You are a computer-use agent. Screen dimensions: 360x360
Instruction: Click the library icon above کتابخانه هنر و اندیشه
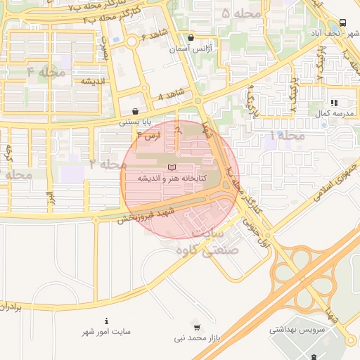click(173, 167)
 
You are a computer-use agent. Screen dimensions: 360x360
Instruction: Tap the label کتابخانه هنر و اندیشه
click(172, 179)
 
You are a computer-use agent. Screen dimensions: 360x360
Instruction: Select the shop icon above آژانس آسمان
click(191, 38)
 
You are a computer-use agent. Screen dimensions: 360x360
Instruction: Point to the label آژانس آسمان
click(191, 50)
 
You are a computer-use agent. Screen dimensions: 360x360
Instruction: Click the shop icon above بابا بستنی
click(135, 111)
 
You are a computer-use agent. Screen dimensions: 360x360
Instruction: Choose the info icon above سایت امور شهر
click(106, 321)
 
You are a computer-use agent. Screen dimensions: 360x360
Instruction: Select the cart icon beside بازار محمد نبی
click(196, 327)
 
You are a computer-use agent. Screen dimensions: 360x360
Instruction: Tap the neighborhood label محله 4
click(46, 72)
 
